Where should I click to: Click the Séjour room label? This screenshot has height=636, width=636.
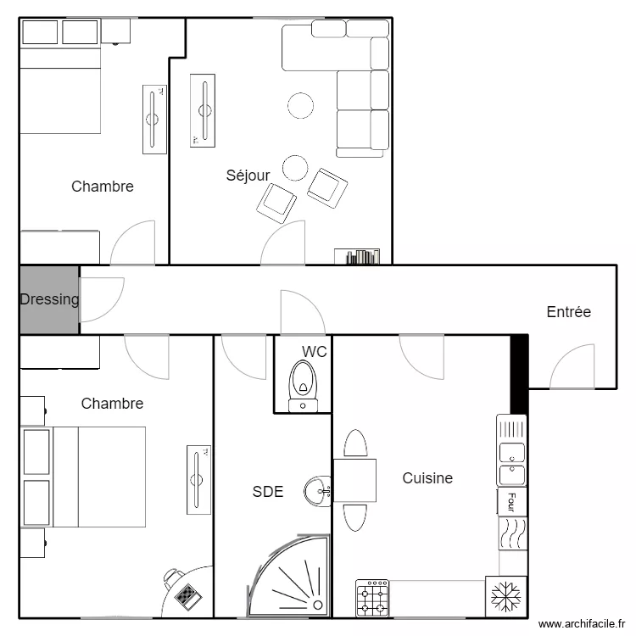pos(248,176)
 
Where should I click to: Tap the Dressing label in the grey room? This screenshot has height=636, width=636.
pos(49,299)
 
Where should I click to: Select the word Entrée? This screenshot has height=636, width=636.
pos(569,312)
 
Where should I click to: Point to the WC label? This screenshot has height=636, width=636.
pos(315,352)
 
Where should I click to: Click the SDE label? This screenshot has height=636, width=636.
pos(268,492)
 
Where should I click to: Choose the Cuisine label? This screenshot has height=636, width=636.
pos(427,478)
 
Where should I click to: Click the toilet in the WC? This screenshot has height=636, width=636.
pos(303,386)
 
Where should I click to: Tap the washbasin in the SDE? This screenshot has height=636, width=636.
pos(318,491)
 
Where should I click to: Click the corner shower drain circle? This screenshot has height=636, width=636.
pos(318,605)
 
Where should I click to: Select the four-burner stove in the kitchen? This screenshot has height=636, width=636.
pos(372,599)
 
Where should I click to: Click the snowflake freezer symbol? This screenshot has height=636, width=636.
pos(505,597)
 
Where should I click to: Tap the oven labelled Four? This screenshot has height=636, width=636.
pos(512,502)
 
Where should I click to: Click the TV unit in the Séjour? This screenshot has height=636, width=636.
pos(203,110)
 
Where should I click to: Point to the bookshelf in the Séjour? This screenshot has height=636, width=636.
pos(357,256)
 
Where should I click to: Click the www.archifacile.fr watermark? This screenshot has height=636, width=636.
pos(582,624)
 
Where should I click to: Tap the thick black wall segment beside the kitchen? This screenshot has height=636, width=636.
pos(519,374)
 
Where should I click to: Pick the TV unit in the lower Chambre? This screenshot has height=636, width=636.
pos(198,480)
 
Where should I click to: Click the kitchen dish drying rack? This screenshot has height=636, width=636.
pos(512,428)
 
